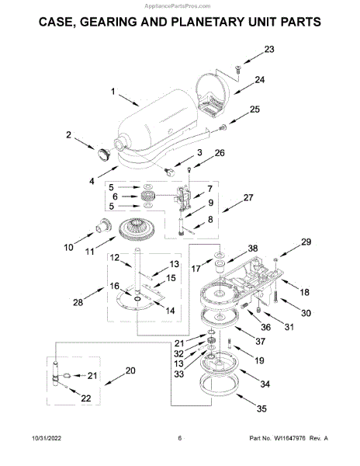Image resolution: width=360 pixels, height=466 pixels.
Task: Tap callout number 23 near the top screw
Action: pyautogui.click(x=269, y=49)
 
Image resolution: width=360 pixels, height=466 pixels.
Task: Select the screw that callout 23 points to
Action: pyautogui.click(x=238, y=69)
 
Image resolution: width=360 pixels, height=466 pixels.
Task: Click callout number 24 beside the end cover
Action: pyautogui.click(x=260, y=80)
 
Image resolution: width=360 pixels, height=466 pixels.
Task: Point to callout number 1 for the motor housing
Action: pyautogui.click(x=112, y=91)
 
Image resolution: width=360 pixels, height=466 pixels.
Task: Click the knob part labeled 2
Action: pyautogui.click(x=104, y=155)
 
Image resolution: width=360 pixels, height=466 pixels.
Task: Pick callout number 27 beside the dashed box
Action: pyautogui.click(x=248, y=197)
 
